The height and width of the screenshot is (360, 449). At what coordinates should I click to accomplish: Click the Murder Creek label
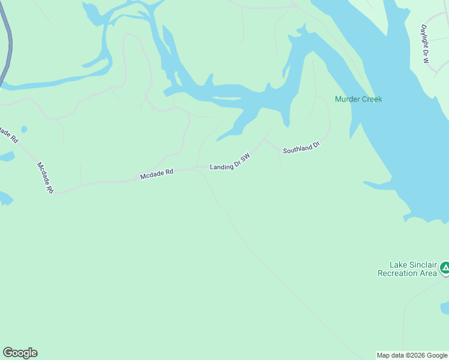pos(358,100)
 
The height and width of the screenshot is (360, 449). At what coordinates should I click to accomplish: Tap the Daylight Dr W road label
pos(426,44)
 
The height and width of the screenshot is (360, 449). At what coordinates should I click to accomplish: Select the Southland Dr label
pos(301,148)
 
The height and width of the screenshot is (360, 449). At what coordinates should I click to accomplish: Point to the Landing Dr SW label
pos(229,162)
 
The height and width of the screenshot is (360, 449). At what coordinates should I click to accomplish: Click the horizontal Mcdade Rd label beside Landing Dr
pos(157,174)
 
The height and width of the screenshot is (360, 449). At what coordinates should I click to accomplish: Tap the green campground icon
pos(445,268)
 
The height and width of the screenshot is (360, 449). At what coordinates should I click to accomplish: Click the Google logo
pos(20,353)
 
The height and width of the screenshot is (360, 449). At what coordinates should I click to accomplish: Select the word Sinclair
pos(423,265)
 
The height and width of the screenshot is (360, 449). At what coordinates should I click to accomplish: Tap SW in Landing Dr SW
pos(245,156)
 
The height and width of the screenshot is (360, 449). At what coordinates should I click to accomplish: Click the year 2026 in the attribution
pos(413,355)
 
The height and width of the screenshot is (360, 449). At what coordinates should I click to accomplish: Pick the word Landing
pos(220,166)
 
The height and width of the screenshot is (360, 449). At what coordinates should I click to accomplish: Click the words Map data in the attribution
pos(390,355)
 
